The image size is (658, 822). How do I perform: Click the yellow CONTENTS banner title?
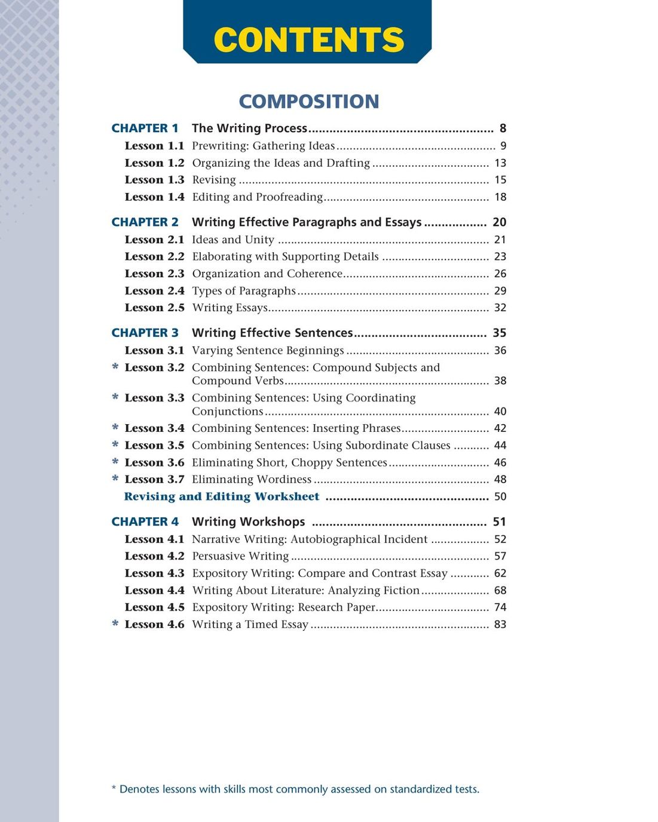[x=308, y=40]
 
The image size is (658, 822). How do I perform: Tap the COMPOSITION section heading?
[x=308, y=102]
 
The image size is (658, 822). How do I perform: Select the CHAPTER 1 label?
[x=145, y=128]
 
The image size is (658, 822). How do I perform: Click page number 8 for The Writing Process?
[x=503, y=128]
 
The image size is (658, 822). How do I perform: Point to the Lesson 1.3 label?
[x=154, y=180]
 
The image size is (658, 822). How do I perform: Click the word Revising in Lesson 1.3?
[x=214, y=180]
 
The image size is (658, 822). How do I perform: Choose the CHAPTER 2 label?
[x=145, y=222]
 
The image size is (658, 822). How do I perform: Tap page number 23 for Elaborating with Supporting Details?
[x=500, y=257]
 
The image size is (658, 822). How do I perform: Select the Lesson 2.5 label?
[x=154, y=308]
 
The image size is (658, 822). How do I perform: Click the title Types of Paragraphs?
[x=244, y=291]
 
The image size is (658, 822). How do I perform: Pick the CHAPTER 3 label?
[x=145, y=333]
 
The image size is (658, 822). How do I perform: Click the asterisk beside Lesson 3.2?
[x=115, y=367]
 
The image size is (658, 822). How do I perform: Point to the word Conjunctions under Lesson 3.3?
[x=227, y=412]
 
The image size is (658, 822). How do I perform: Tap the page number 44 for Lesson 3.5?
[x=500, y=446]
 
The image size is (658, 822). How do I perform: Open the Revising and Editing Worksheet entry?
[x=222, y=496]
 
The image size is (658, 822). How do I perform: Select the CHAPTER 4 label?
[x=145, y=522]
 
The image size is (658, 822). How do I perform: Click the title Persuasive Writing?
[x=240, y=556]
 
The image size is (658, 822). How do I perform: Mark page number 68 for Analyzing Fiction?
[x=500, y=591]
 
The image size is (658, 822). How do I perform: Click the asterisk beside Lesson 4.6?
[x=115, y=624]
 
